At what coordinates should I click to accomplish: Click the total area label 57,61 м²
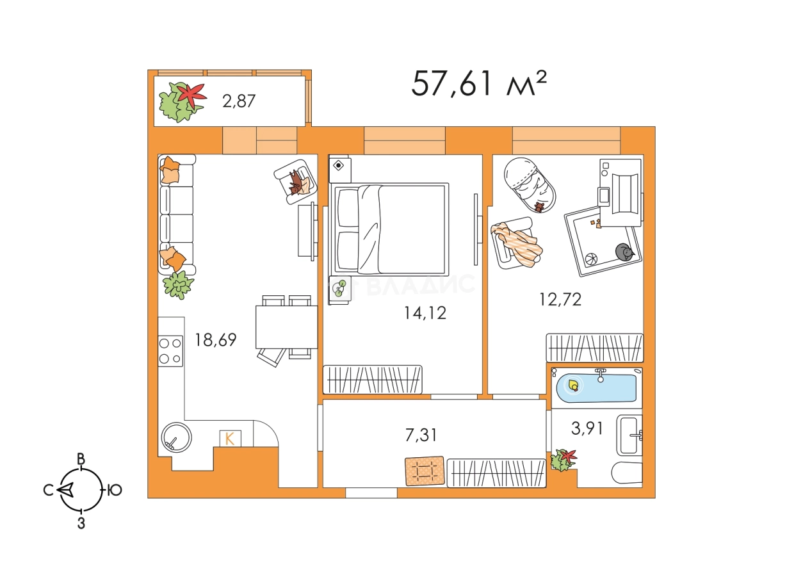(479, 84)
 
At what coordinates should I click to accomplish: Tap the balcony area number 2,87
(239, 101)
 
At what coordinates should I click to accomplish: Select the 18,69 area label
(215, 340)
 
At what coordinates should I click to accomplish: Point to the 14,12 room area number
(425, 313)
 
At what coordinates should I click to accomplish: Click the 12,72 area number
(560, 300)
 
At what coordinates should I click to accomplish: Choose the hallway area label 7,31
(421, 435)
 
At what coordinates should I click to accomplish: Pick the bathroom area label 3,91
(587, 428)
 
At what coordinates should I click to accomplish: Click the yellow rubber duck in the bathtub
(574, 385)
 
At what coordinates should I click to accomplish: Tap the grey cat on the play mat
(624, 252)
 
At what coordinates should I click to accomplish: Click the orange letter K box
(230, 438)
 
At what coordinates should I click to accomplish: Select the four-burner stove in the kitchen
(170, 351)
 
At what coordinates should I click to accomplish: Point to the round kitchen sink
(176, 437)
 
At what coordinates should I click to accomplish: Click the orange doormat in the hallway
(425, 471)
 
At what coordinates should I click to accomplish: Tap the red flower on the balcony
(192, 95)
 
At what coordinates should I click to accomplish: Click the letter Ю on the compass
(115, 490)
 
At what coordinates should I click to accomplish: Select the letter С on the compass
(48, 490)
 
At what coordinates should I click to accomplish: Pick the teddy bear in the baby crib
(540, 207)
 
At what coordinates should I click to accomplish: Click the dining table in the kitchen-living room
(286, 327)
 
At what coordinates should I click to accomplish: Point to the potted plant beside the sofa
(178, 285)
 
